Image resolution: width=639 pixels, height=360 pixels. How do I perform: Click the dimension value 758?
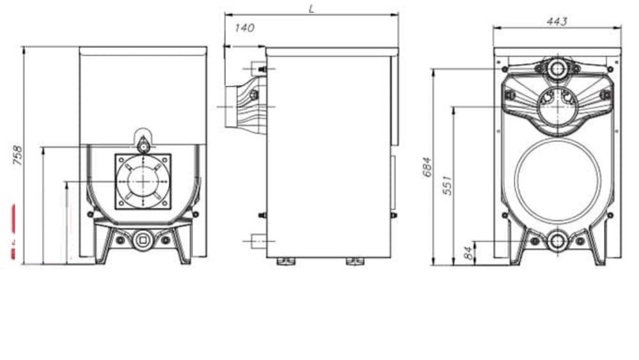coord(18,155)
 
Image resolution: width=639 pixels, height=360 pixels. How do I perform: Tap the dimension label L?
coord(312,8)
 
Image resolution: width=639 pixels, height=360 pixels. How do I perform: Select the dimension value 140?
coord(245,27)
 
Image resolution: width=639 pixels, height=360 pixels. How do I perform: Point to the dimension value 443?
coord(557,21)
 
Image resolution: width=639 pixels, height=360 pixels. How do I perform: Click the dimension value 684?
coord(427,167)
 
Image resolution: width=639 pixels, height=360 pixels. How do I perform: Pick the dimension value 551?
coord(447,185)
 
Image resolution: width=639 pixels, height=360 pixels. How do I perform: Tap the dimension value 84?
coord(470,253)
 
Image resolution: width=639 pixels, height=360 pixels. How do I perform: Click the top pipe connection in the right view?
coord(557,68)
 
